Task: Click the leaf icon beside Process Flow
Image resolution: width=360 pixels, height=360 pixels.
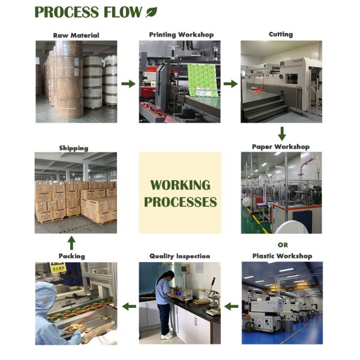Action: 152,12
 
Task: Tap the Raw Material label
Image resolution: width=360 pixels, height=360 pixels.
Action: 76,35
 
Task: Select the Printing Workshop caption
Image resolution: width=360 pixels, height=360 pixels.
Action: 181,35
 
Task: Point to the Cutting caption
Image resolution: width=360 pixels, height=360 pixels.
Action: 281,34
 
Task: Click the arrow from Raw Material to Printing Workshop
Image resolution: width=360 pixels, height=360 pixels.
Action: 128,84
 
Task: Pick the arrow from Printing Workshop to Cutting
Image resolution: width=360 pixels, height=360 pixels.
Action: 231,84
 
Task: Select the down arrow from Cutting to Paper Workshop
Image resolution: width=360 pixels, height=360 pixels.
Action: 282,134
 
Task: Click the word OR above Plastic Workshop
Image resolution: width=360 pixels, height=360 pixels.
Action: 283,245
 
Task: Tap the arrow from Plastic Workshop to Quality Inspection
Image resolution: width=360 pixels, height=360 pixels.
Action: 231,306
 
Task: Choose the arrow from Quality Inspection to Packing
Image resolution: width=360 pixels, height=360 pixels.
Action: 129,306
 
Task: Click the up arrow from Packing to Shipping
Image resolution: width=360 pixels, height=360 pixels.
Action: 71,243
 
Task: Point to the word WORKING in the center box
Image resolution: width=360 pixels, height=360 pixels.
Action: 180,185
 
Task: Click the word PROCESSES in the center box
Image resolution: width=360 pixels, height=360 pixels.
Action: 180,202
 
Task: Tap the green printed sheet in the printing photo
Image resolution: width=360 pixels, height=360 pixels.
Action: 202,80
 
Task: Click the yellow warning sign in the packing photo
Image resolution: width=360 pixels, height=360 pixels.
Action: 58,268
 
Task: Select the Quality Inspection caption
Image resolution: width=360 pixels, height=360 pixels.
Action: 180,256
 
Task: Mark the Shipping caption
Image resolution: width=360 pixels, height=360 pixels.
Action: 74,148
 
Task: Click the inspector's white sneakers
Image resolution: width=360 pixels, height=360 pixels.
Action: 167,336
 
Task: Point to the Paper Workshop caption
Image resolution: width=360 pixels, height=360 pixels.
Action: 281,147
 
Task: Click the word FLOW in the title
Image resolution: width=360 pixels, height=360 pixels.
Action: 123,12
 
